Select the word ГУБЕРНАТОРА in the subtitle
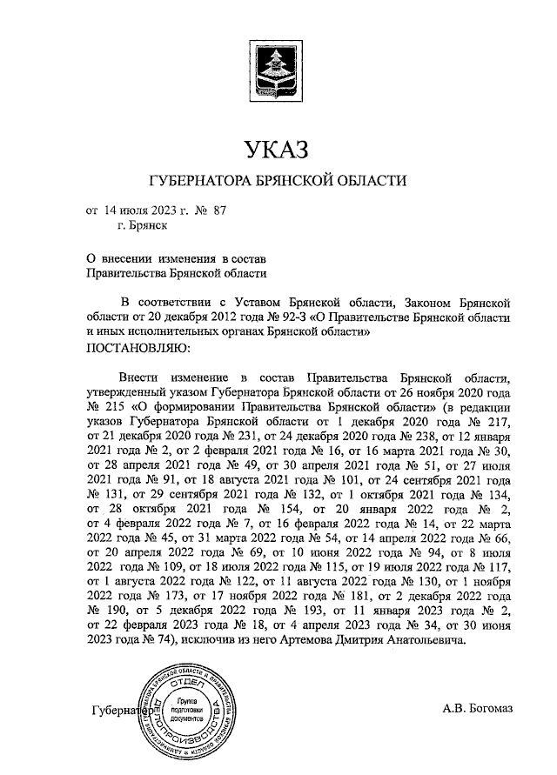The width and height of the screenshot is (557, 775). (x=198, y=180)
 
